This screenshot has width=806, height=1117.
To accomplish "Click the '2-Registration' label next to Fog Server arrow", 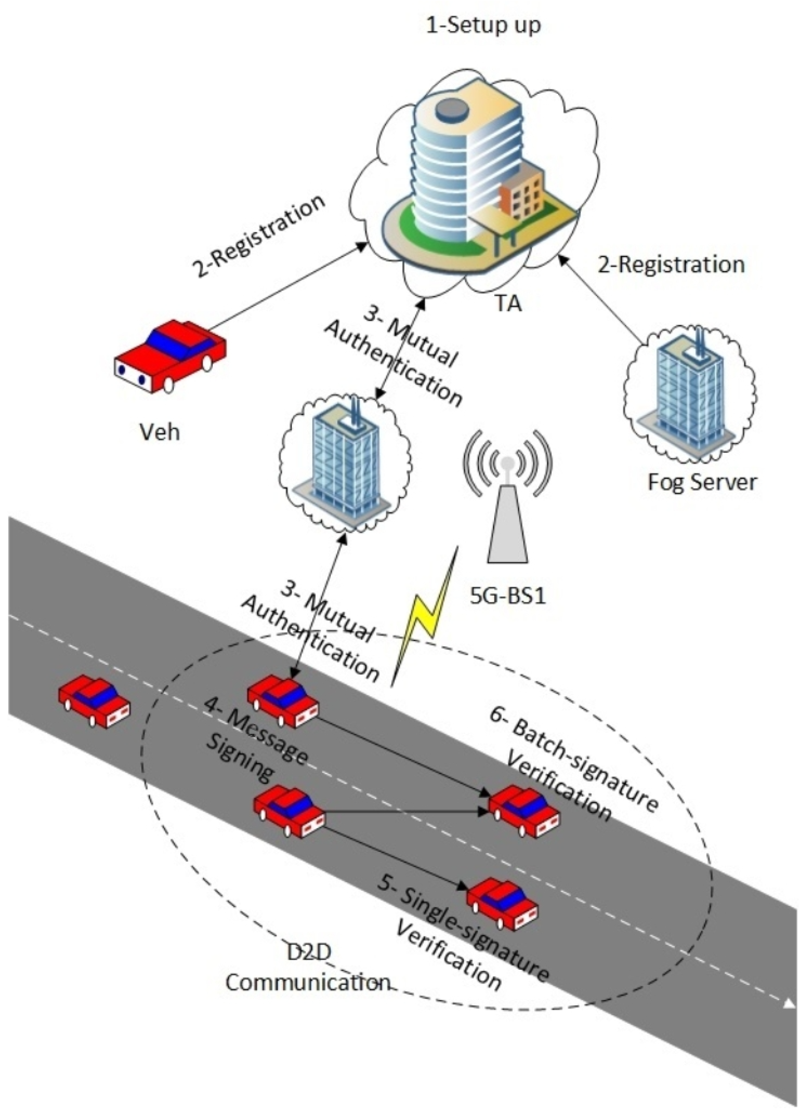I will click(x=671, y=265).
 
